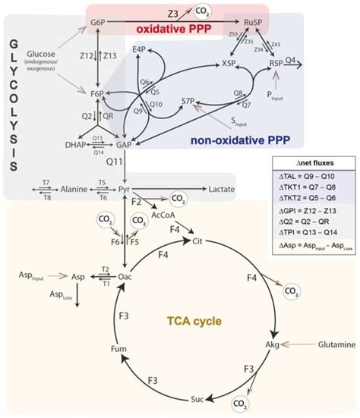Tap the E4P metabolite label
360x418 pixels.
pos(139,51)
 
